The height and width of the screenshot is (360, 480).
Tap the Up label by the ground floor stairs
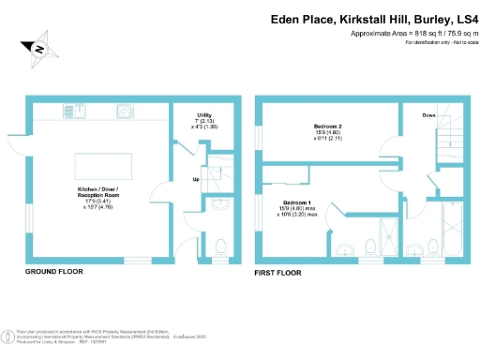[x=196, y=179]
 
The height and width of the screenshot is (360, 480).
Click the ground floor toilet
[x=221, y=247]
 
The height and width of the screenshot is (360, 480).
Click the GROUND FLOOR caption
[x=53, y=271]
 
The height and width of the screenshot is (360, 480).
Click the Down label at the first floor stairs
[x=428, y=115]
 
